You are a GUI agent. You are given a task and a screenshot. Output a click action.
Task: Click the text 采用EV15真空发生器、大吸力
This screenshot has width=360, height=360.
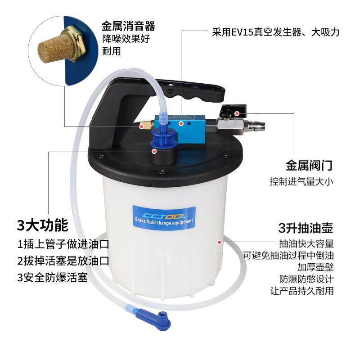275,33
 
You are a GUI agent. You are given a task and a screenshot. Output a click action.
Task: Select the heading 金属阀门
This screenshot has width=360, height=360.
309,165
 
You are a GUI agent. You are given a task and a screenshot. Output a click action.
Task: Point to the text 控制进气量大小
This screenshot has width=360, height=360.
301,182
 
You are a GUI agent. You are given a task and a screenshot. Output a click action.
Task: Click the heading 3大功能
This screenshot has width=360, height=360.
42,225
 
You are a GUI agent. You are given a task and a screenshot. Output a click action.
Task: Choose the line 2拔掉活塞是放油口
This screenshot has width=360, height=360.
63,261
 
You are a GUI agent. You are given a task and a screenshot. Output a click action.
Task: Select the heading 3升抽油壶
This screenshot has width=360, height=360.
306,228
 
